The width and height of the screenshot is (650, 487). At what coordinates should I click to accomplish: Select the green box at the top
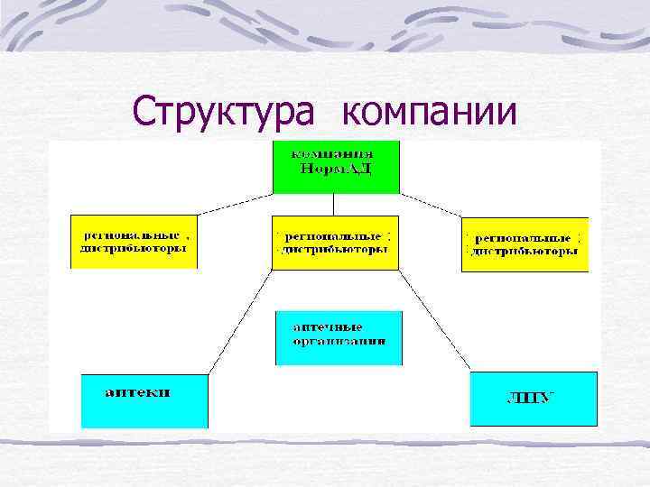click(x=336, y=167)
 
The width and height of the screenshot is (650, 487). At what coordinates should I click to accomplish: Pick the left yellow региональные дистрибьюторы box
click(x=134, y=241)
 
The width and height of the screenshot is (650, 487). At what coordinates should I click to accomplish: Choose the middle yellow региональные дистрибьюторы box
click(x=335, y=242)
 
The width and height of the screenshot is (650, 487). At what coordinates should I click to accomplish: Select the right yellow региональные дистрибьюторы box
click(x=525, y=243)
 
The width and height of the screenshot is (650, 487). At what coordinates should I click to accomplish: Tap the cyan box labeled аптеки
click(x=144, y=400)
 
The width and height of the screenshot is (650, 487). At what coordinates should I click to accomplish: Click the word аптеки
click(x=139, y=393)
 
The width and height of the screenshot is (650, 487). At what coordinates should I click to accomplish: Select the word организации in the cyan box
click(x=339, y=342)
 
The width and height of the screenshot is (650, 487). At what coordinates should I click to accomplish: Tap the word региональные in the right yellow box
click(x=524, y=236)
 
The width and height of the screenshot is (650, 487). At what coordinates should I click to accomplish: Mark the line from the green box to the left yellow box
click(x=235, y=204)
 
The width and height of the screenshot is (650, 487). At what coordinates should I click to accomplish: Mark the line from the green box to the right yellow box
click(x=430, y=204)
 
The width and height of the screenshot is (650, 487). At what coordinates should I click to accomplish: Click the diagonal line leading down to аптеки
click(x=240, y=320)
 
